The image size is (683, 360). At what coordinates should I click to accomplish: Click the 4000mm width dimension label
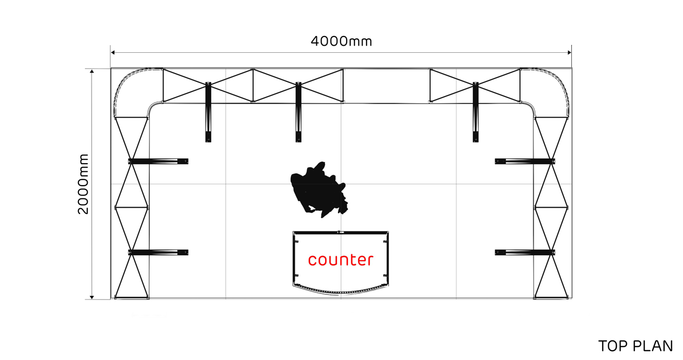341,41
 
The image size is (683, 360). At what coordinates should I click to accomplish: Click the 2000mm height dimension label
83,184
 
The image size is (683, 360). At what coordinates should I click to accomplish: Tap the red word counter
340,260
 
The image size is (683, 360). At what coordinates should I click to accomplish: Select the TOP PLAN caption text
635,346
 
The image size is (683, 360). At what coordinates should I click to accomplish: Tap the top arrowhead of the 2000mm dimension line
92,71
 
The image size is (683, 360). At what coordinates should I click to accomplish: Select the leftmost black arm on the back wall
208,112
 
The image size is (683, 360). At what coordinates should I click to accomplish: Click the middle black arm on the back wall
298,112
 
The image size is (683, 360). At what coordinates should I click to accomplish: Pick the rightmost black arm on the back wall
476,112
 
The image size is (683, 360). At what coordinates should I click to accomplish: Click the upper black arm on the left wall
158,162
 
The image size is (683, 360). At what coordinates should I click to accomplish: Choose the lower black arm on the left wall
158,252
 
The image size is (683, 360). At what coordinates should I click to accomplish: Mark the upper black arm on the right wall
525,162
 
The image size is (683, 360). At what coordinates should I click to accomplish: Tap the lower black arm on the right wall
525,252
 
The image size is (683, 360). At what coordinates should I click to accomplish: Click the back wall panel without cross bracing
386,86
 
